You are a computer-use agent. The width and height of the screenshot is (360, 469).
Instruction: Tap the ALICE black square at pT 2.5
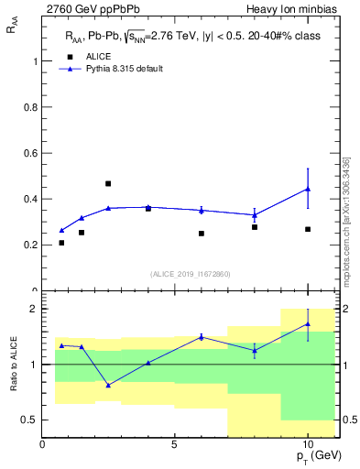click(x=108, y=184)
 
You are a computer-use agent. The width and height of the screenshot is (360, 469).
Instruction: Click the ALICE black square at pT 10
click(x=308, y=229)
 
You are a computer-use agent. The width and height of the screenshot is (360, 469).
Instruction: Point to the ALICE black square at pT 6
click(x=202, y=234)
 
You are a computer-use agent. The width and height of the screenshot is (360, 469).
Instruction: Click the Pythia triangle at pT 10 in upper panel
click(x=308, y=189)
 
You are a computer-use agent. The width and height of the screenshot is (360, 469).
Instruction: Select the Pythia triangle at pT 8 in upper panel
click(x=255, y=215)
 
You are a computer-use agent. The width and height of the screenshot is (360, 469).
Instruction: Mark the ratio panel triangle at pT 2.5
click(x=108, y=385)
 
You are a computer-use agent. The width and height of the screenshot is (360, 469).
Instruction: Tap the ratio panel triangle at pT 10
click(x=308, y=323)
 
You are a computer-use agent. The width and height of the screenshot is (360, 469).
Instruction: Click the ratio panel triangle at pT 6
click(x=202, y=337)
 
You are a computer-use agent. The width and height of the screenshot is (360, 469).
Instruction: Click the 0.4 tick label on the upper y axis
click(x=32, y=199)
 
